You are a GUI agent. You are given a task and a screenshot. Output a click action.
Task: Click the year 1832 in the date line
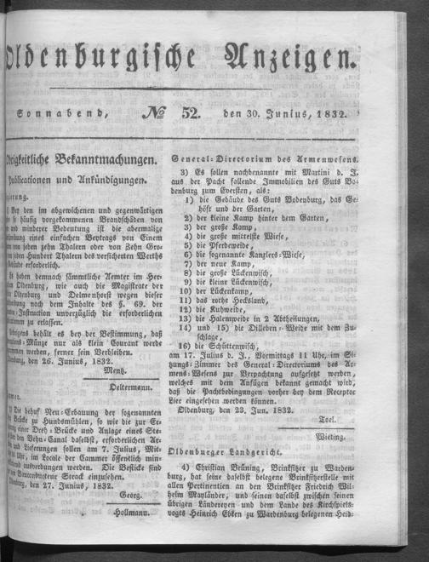point(333,104)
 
